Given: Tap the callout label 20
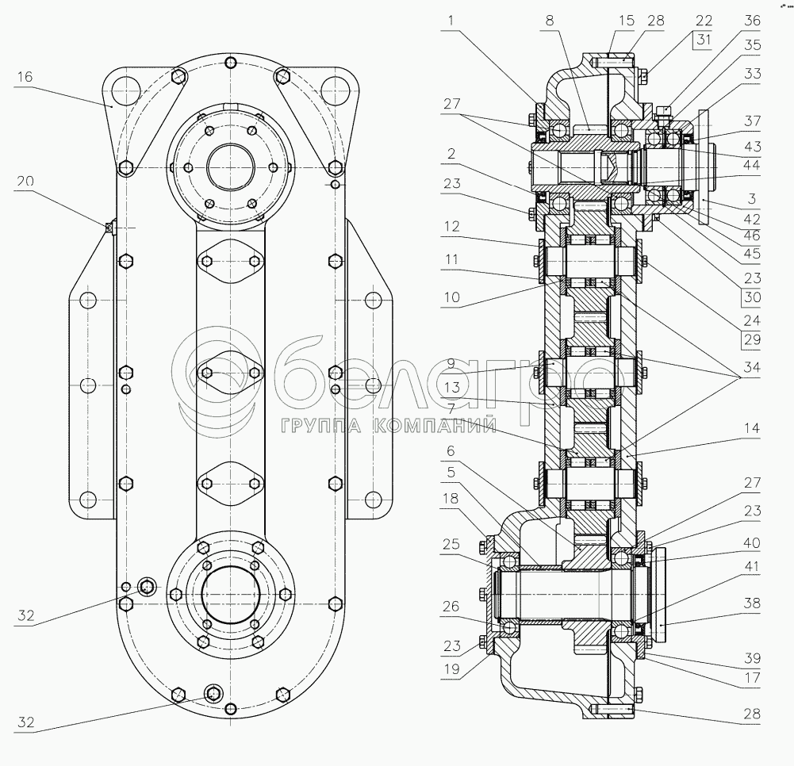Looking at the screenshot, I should [x=25, y=181].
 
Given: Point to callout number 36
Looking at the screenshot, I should [x=752, y=21].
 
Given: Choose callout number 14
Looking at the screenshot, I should [x=751, y=428].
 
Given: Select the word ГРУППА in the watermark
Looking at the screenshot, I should [x=318, y=427].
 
